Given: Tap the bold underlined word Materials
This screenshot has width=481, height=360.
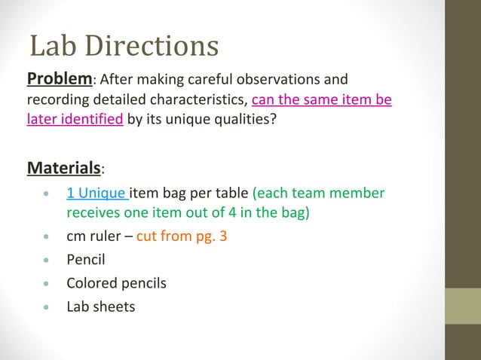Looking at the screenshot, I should pos(63,166).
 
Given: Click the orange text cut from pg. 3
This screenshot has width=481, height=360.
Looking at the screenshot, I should pos(182,236).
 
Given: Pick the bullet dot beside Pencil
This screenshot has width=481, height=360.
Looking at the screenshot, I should pos(47,261).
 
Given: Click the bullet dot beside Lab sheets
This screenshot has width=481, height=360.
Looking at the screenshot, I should pos(47,308).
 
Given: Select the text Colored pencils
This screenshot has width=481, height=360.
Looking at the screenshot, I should pos(116,284).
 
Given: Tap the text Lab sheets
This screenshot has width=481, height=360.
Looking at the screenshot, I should pos(100,307).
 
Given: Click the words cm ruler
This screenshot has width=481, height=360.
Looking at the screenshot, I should pos(93,236).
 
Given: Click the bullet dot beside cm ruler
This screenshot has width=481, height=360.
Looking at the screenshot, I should pos(47,237).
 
